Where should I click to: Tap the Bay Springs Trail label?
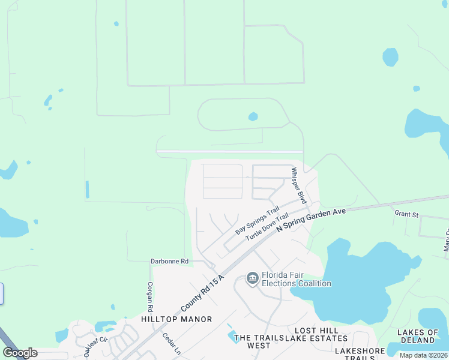258,220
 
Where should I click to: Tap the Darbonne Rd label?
169,261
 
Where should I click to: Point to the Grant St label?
406,214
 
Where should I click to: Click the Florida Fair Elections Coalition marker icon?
252,277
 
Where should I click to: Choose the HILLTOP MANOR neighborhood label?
176,319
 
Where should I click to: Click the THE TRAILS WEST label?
259,341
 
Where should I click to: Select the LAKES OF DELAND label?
418,337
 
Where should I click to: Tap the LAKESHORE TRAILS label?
359,353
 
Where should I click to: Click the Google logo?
19,353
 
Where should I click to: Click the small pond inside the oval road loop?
253,116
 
